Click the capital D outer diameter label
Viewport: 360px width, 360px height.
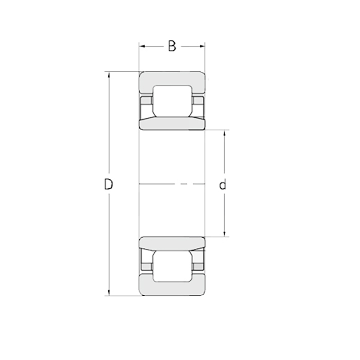(x=108, y=184)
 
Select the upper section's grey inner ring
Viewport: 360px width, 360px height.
(x=172, y=123)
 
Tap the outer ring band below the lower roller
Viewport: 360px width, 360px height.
(x=172, y=290)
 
